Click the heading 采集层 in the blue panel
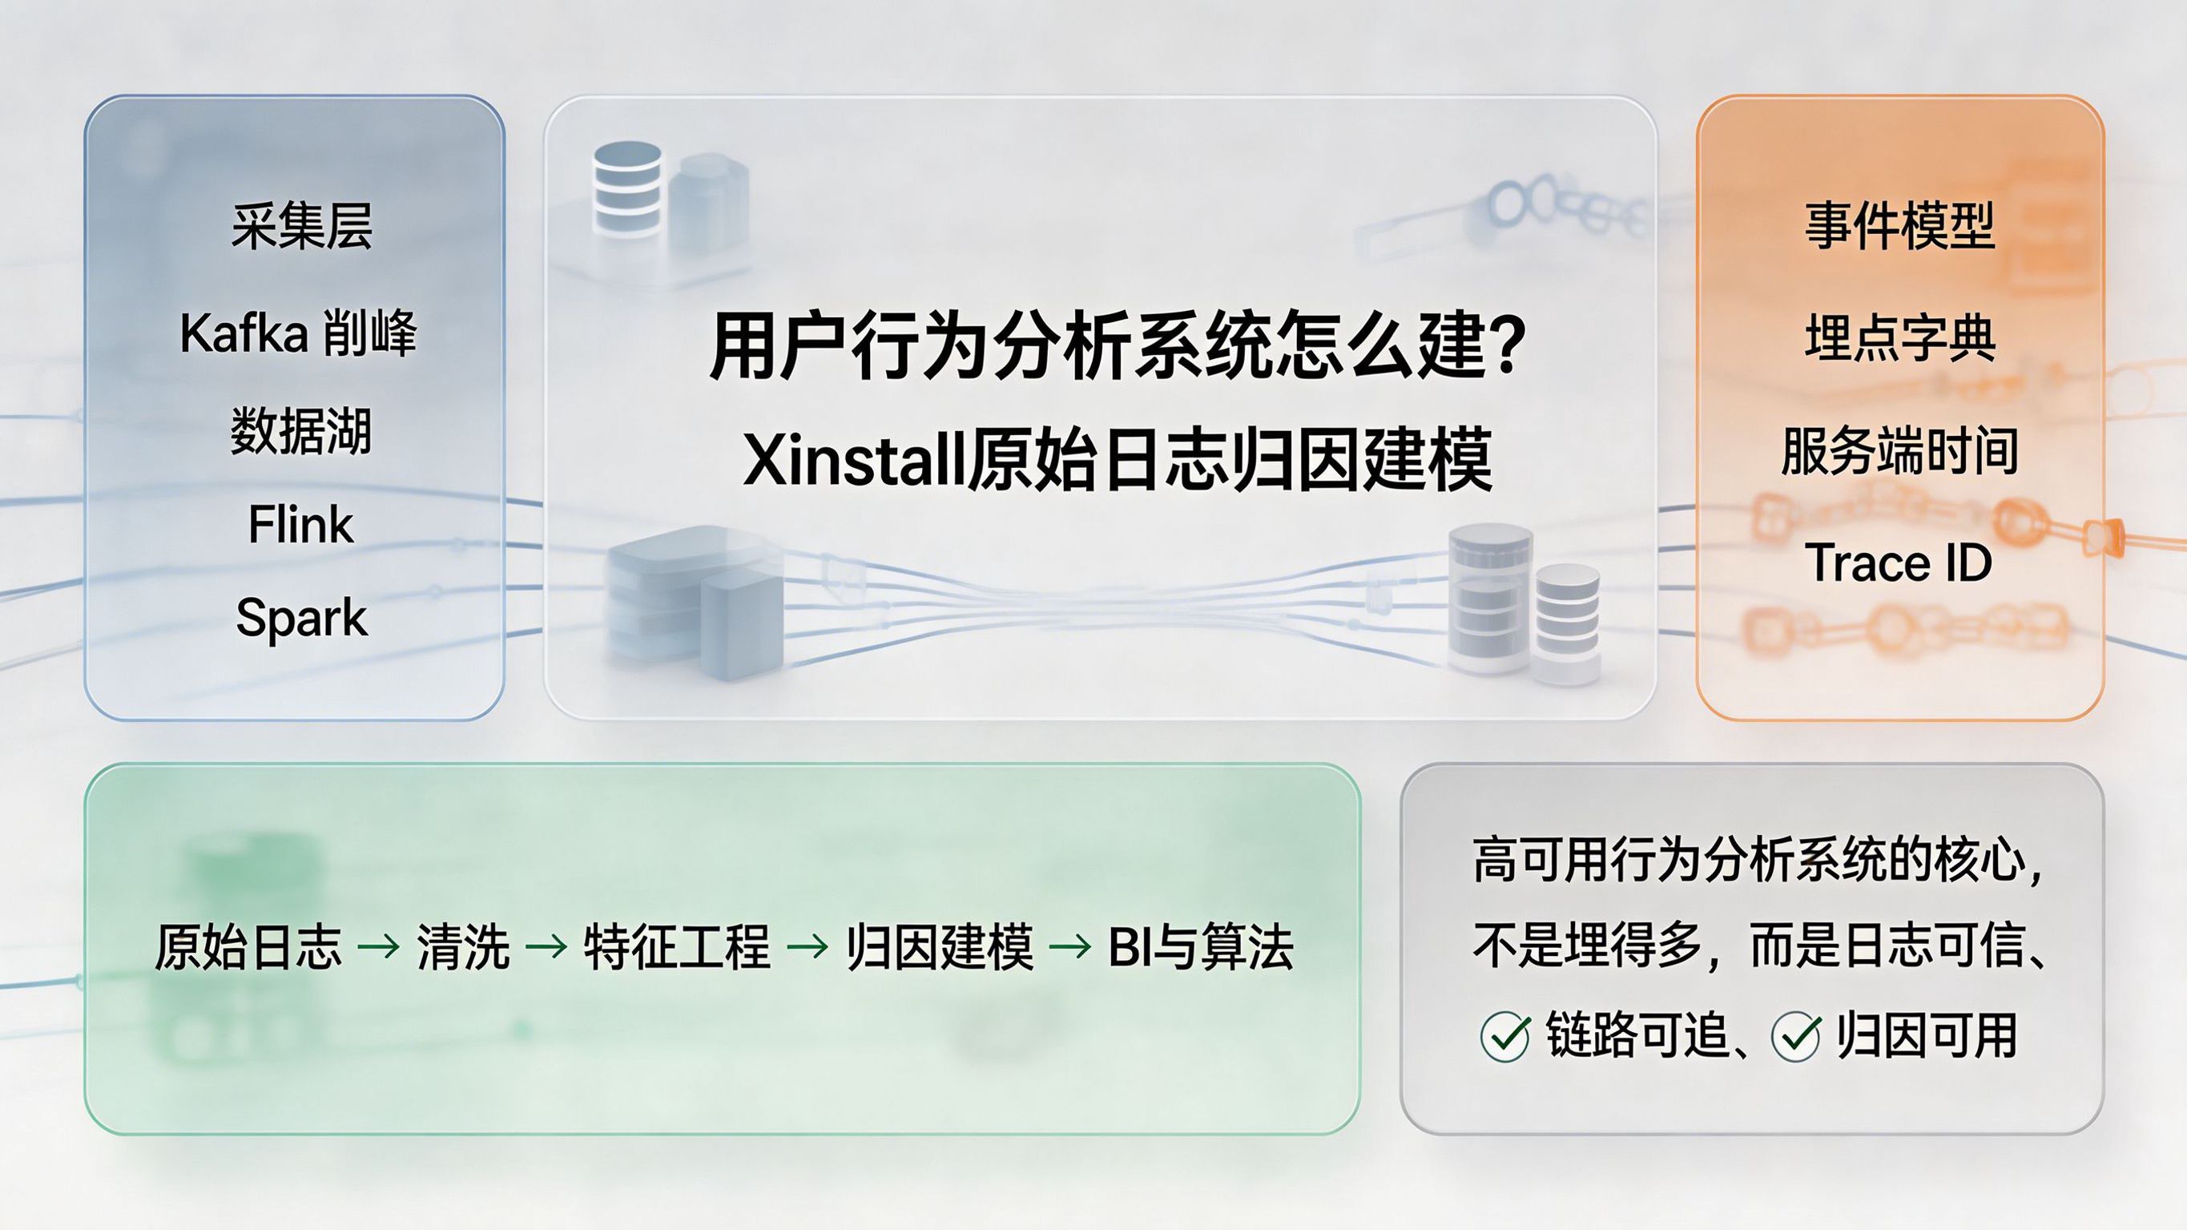pos(301,226)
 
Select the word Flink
pos(300,524)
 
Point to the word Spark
pos(301,618)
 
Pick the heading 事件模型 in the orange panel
pos(1900,226)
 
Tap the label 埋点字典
pos(1900,338)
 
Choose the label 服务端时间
pos(1900,450)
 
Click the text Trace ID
pos(1900,563)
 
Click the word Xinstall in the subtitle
pos(853,461)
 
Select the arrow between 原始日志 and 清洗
pos(379,946)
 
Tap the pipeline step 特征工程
pos(677,946)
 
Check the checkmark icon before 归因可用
pos(1795,1036)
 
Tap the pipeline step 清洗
pos(463,946)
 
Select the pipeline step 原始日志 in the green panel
pos(248,946)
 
